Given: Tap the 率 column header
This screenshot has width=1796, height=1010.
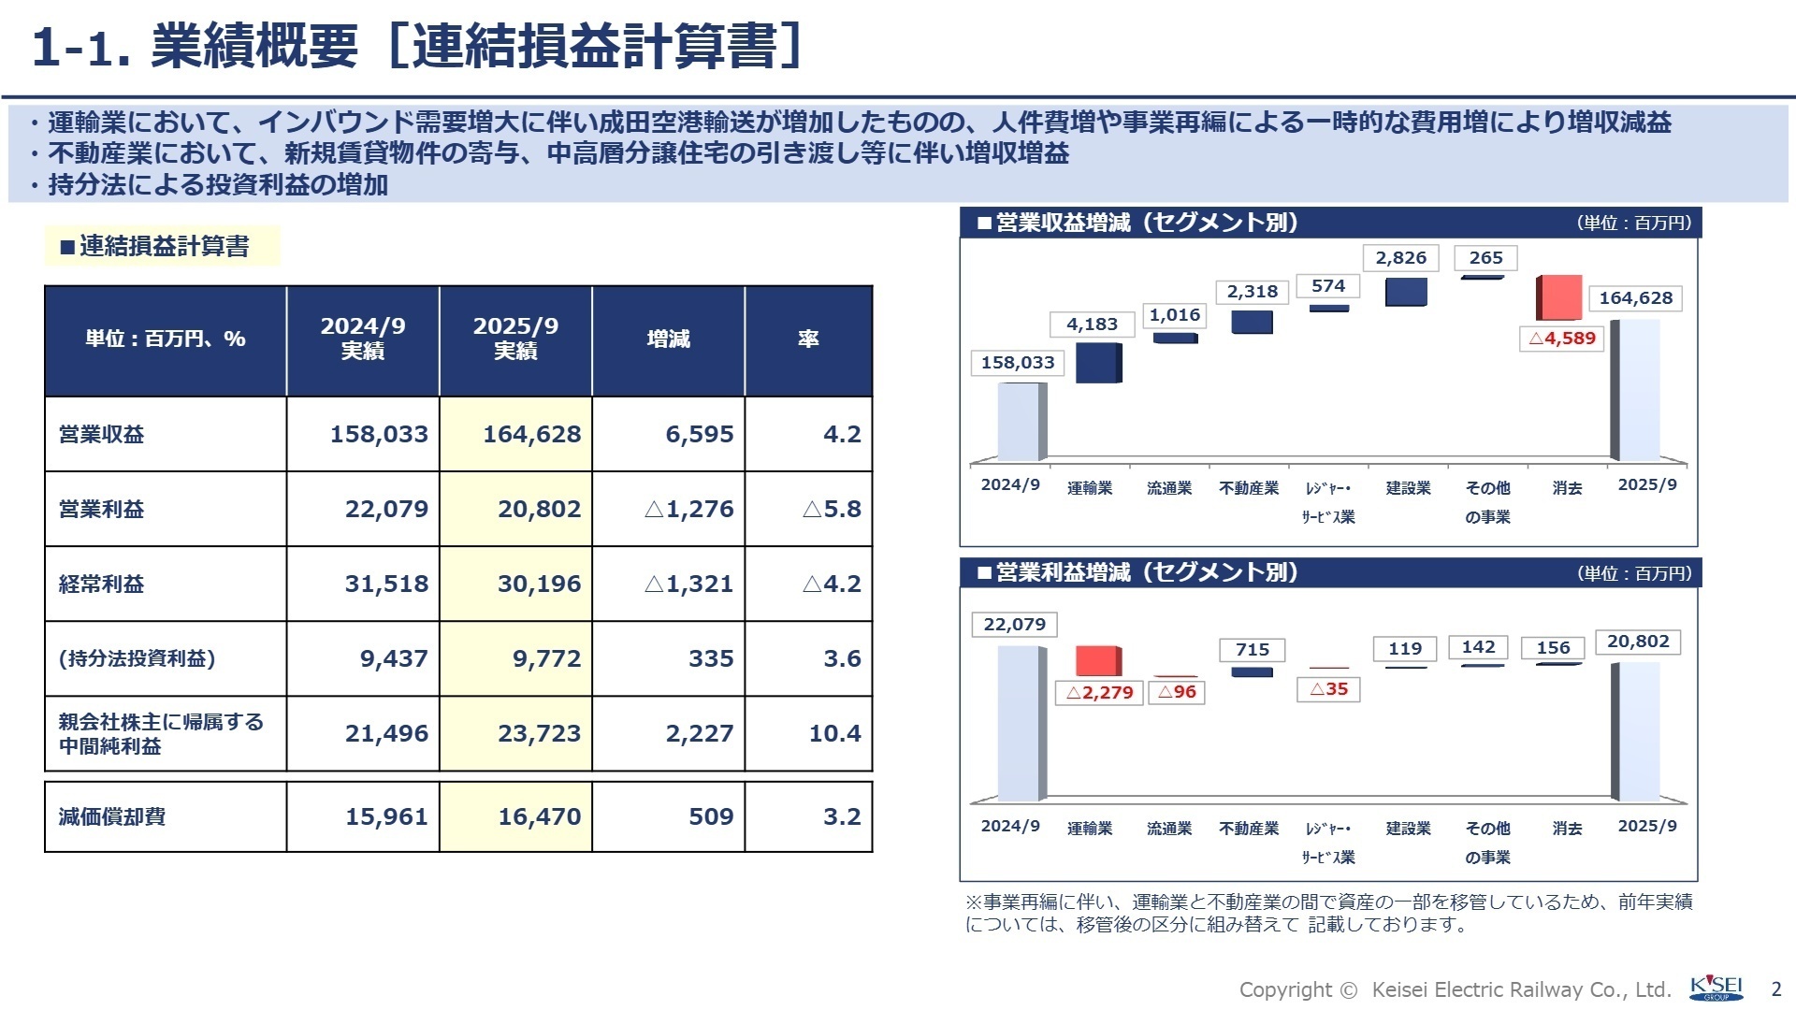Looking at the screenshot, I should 808,339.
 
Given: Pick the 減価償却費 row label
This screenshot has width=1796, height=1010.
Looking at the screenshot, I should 112,816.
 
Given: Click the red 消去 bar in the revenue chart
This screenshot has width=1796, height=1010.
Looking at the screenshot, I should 1558,297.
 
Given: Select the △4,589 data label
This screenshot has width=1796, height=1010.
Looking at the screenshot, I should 1562,339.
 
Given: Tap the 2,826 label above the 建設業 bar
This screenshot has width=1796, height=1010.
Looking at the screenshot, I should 1400,258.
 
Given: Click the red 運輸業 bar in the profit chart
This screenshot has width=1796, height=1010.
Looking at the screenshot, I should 1097,661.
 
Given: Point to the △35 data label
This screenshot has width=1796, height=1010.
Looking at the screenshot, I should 1328,689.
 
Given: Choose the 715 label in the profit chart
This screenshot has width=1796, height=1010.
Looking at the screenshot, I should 1252,649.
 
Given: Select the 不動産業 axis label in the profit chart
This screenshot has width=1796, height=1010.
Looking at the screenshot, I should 1249,829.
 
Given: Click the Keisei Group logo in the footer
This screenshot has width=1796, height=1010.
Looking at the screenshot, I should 1716,988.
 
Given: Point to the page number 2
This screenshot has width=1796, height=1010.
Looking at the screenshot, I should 1776,989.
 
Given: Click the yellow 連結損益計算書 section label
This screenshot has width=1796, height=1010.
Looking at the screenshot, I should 163,246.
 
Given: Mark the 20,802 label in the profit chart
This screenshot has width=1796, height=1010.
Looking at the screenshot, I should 1638,642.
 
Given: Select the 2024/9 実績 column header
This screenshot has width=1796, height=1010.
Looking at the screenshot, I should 363,339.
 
